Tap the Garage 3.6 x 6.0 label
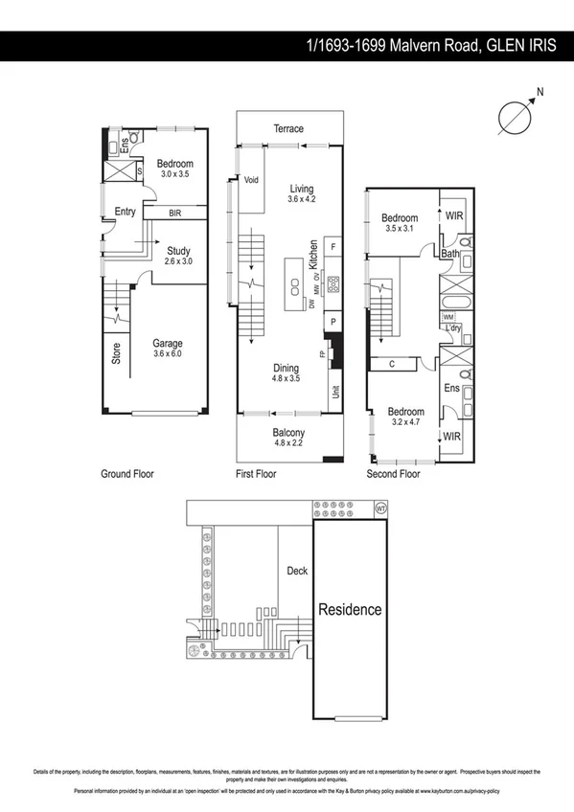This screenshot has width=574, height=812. [x=168, y=349]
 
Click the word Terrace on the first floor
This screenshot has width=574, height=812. [x=287, y=128]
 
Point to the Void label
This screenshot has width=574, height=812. [x=252, y=180]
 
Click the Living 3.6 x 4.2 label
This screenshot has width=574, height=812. [x=302, y=194]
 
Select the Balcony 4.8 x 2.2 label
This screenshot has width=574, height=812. [x=287, y=438]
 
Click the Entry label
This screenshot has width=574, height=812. [x=125, y=212]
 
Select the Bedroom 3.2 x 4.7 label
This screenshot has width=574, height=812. [x=406, y=416]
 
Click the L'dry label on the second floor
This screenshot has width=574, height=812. [x=454, y=328]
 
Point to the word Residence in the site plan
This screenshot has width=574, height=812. [x=350, y=609]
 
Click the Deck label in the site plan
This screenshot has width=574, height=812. [x=297, y=571]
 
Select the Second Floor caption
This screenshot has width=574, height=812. [x=394, y=474]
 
